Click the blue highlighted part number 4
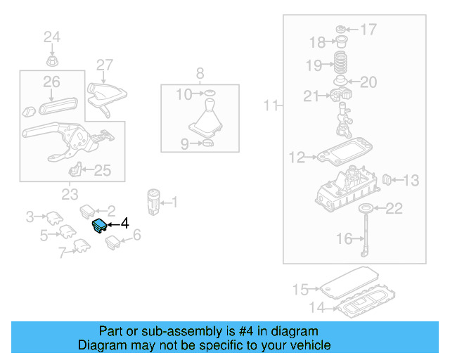(99, 226)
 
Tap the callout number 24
(53, 37)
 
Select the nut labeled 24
(51, 56)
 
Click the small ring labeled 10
(208, 94)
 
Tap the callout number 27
(105, 65)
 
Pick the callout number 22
(395, 207)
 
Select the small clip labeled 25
(75, 170)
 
